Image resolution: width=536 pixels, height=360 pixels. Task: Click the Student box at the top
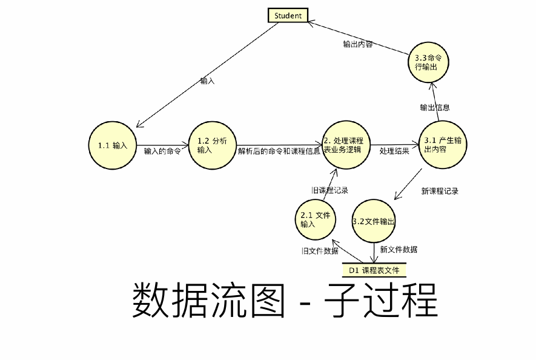coord(288,16)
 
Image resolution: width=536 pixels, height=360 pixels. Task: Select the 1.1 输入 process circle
coord(113,145)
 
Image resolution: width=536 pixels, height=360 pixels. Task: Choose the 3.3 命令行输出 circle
coord(428,62)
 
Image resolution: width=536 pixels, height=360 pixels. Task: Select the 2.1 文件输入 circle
coord(316,219)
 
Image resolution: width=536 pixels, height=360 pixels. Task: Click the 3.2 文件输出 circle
coord(374,222)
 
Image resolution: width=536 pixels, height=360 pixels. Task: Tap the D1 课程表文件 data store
coord(374,270)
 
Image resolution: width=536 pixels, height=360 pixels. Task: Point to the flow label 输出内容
coord(357,44)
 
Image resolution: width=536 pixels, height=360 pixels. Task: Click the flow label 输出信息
coord(434,107)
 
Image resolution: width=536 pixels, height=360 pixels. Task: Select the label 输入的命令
coord(162,152)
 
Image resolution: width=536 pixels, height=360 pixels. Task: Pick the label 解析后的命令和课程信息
coord(279,152)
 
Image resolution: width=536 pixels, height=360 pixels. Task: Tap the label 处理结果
coord(394,151)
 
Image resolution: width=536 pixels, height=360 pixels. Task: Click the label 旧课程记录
coord(330,190)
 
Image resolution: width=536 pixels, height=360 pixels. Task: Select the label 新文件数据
coord(399,249)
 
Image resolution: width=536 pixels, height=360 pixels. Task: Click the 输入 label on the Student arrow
coord(207,81)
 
